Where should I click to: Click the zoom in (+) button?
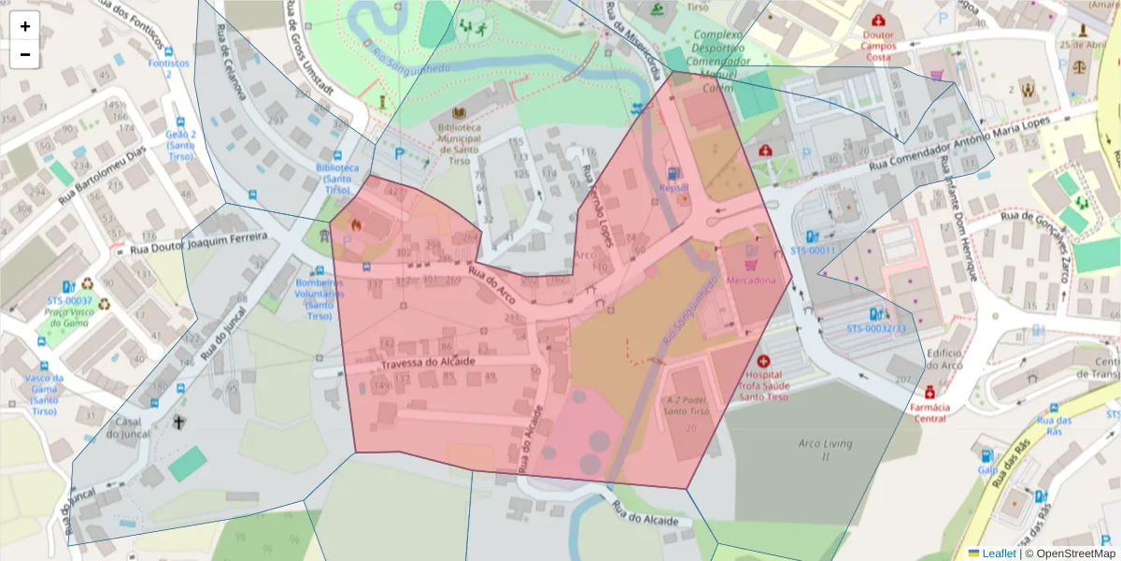(x=25, y=26)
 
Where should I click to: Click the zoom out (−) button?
(x=25, y=54)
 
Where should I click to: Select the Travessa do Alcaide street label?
(x=429, y=362)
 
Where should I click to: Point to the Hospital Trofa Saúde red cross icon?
(x=764, y=361)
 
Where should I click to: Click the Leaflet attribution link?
(x=998, y=553)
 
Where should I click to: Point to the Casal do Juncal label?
(x=128, y=427)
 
